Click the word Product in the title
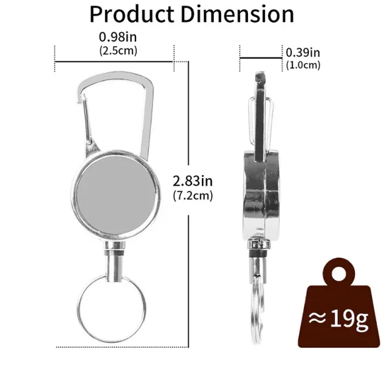tap(132, 14)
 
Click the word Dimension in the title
tap(238, 14)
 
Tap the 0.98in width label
tap(118, 37)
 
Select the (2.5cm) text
tap(118, 51)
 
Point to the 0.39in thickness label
tap(303, 53)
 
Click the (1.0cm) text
tap(303, 65)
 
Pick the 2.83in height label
tap(193, 181)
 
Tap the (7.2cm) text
tap(193, 196)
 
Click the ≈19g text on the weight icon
tap(339, 318)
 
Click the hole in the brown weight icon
tap(339, 274)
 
